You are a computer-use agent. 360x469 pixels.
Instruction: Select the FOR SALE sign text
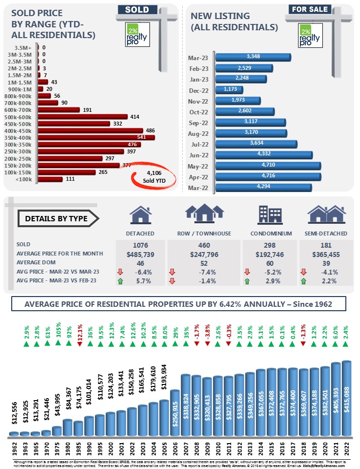pos(309,9)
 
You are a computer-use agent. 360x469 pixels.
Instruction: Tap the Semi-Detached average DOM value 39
pos(326,262)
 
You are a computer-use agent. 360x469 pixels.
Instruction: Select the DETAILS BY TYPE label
pos(57,218)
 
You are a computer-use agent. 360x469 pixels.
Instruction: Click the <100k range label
pos(25,179)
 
